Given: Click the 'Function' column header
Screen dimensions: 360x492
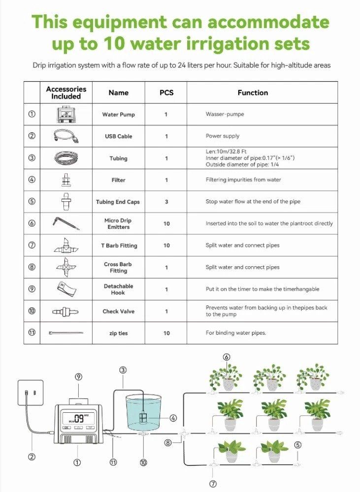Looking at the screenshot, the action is click(x=253, y=92).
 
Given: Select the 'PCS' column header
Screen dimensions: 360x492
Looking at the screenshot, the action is click(x=166, y=92).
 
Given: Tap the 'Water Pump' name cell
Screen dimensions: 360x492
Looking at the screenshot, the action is click(x=118, y=115).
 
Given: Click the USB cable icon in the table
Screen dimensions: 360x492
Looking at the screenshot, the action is click(x=66, y=136).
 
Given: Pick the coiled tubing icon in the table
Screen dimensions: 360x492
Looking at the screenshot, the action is click(x=66, y=158).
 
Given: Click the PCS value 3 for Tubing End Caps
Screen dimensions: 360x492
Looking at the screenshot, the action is click(x=166, y=202).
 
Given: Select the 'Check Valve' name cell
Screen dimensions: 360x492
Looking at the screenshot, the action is click(x=118, y=311).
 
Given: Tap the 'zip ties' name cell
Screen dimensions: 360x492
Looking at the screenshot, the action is click(x=118, y=333).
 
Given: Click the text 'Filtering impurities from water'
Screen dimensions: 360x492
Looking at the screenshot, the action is click(x=243, y=180).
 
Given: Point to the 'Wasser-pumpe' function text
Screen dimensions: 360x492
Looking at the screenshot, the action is click(x=225, y=114).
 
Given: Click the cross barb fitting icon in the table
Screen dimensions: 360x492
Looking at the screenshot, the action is click(x=66, y=267).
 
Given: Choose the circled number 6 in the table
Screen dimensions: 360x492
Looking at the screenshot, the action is click(x=32, y=223).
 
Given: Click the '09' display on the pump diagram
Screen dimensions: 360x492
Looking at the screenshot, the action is click(x=79, y=418).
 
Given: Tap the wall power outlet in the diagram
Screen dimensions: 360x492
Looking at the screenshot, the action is click(x=31, y=393).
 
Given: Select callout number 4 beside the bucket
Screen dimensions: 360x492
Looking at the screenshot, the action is click(x=173, y=418).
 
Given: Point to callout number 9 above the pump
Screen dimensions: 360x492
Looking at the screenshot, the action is click(x=78, y=376).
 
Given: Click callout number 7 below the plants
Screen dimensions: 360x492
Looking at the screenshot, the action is click(x=213, y=484).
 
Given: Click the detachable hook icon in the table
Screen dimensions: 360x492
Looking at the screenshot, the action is click(x=66, y=289).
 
